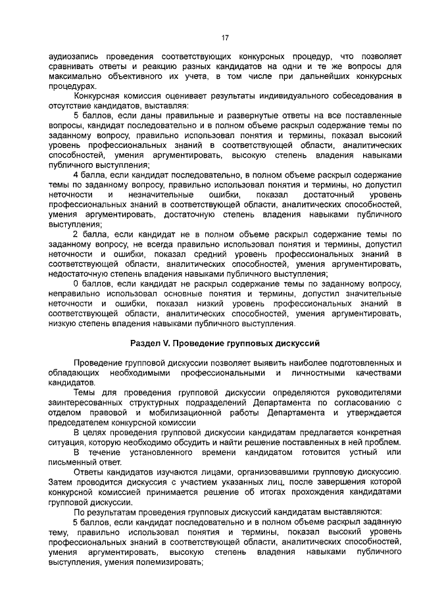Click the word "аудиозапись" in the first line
pyautogui.click(x=74, y=57)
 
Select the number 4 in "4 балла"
pyautogui.click(x=76, y=175)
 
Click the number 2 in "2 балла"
pyautogui.click(x=76, y=234)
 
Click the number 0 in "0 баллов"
pyautogui.click(x=76, y=283)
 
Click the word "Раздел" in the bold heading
pyautogui.click(x=145, y=343)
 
